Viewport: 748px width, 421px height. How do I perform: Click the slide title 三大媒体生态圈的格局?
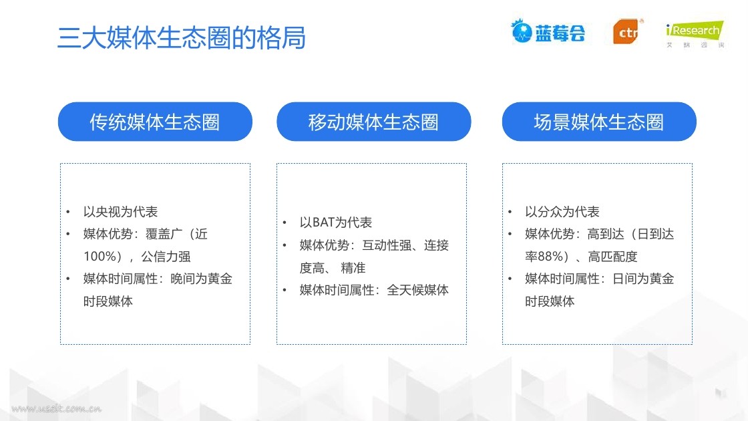181,37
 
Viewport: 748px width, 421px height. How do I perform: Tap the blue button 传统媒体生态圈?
155,122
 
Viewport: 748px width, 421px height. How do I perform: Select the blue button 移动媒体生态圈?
373,122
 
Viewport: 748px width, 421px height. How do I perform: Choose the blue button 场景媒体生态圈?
599,122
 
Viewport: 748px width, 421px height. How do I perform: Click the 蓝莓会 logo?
548,32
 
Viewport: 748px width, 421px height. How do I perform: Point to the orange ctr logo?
627,31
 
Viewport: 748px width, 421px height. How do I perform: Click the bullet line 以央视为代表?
120,211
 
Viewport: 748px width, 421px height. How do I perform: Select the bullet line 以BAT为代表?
336,223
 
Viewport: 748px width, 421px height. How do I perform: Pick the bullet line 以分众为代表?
562,211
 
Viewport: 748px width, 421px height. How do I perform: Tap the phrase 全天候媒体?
417,290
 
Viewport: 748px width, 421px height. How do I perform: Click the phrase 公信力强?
166,257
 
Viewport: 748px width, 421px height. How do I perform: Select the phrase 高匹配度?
612,257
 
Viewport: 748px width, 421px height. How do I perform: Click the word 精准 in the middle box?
353,268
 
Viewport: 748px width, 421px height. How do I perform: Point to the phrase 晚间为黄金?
201,279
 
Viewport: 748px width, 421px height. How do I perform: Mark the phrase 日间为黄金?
643,279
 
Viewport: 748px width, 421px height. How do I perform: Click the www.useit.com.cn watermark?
56,408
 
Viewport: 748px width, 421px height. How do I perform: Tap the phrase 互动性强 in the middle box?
387,245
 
